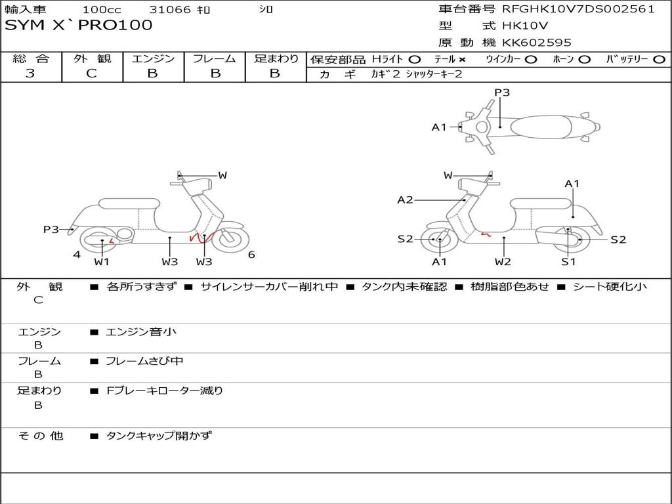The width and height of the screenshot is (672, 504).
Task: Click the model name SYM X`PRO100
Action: [79, 25]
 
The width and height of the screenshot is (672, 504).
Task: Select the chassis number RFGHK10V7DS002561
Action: [578, 9]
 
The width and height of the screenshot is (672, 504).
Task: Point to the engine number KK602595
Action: [537, 43]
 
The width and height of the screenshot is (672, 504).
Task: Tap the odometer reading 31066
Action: [170, 10]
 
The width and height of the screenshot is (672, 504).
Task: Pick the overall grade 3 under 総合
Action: [30, 73]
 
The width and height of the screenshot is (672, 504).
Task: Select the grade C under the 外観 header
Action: [91, 73]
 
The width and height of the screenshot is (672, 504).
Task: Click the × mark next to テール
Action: [462, 59]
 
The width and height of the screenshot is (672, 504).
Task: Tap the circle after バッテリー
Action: [660, 59]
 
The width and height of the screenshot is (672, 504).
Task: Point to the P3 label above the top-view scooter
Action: [502, 93]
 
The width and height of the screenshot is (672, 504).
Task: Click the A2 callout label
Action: [405, 199]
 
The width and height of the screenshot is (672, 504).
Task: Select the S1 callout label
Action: [568, 261]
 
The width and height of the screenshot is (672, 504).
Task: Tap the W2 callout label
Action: [503, 261]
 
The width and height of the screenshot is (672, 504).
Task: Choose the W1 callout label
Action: [102, 262]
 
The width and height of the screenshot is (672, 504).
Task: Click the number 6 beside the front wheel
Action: [251, 255]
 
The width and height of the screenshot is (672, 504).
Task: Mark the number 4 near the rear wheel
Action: [77, 255]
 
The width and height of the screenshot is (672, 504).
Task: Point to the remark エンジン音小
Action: [141, 332]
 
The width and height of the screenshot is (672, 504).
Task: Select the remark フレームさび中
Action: [145, 361]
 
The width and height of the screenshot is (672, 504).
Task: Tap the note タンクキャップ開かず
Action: [159, 435]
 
